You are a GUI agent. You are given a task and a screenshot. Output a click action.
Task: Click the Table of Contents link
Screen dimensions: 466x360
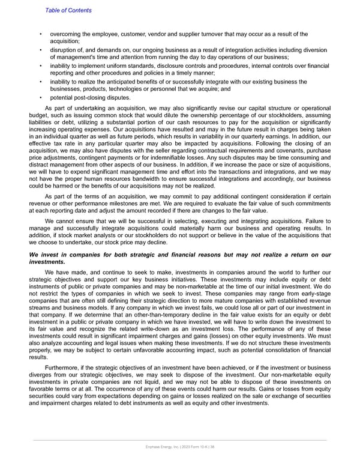pos(68,10)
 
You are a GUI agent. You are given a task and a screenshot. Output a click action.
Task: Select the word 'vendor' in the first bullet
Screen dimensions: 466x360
pos(152,34)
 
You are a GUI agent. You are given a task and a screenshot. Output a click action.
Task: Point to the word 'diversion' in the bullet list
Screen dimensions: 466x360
pos(312,49)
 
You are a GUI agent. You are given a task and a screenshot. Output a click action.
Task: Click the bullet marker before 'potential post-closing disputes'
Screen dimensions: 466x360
pos(40,97)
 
